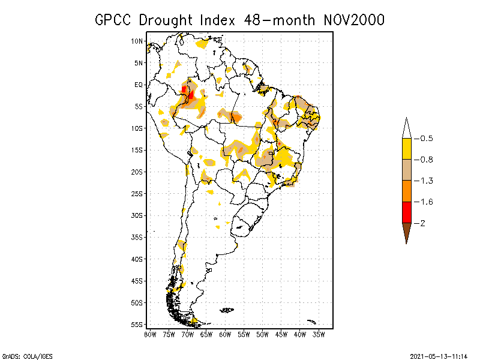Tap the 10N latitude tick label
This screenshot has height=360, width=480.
click(137, 41)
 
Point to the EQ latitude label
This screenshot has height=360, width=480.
click(139, 85)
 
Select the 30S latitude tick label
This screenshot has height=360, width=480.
click(137, 215)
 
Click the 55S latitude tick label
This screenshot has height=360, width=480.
click(137, 324)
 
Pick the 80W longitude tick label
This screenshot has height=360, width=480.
click(150, 334)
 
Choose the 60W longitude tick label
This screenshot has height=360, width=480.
click(225, 334)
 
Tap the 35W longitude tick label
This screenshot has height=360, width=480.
click(319, 334)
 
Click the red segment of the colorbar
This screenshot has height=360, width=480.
click(406, 212)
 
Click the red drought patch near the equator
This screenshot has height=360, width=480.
click(191, 94)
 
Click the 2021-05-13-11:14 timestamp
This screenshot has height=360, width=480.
click(438, 355)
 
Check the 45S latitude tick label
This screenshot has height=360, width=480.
click(137, 280)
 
